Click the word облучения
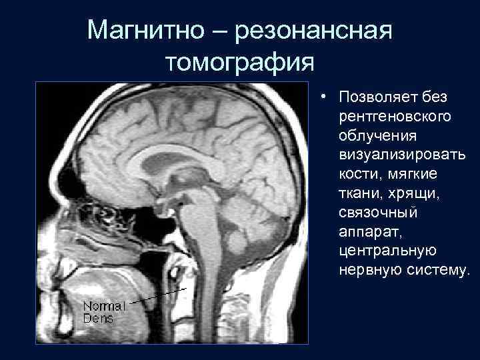pos(378,135)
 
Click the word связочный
pos(378,213)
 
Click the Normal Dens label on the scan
pos(103,313)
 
